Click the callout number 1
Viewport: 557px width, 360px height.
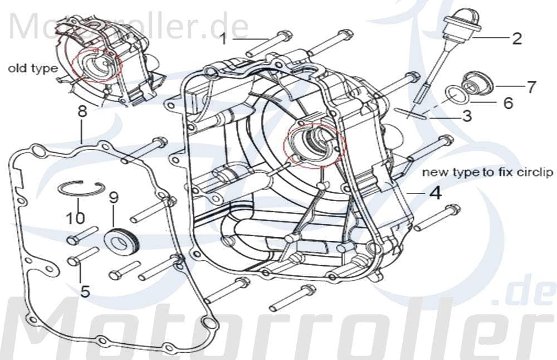coord(223,39)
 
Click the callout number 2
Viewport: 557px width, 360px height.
coord(516,38)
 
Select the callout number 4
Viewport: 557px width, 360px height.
coord(435,193)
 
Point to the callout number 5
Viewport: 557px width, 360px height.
coord(85,291)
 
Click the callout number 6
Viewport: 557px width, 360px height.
coord(507,103)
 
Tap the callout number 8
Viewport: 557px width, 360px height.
coord(82,111)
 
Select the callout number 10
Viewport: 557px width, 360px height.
coord(75,217)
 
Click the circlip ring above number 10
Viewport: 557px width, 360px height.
coord(81,189)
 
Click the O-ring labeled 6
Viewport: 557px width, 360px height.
coord(456,95)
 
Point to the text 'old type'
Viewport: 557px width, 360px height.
coord(32,69)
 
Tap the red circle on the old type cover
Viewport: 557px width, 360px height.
coord(99,64)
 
